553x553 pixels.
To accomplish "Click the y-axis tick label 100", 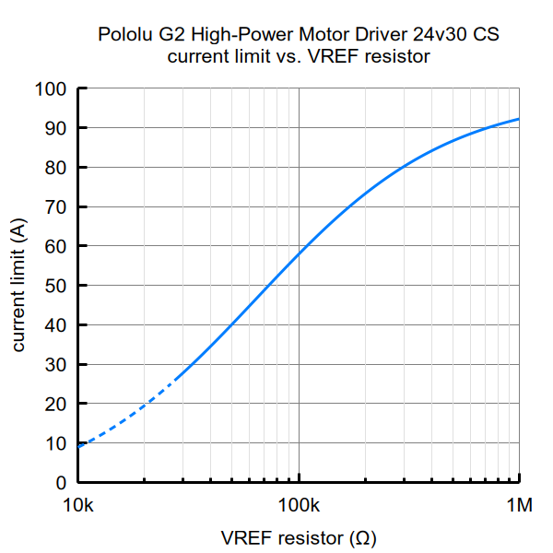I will point(51,89).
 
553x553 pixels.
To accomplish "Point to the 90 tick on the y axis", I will point(55,128).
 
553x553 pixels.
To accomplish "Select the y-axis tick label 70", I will point(55,207).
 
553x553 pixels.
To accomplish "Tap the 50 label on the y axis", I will point(55,286).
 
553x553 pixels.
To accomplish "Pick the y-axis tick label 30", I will point(55,365).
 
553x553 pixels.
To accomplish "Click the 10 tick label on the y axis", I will point(55,443).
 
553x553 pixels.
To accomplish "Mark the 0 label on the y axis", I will point(61,483).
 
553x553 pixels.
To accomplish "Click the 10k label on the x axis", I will point(78,506).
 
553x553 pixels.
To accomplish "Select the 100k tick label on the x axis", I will point(299,506).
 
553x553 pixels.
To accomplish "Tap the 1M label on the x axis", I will point(520,506).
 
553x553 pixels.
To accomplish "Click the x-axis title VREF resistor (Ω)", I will point(298,537).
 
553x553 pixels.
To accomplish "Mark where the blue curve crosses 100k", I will point(300,253).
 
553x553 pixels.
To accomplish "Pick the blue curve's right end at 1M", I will point(519,119).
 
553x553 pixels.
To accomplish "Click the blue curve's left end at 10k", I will point(79,447).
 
